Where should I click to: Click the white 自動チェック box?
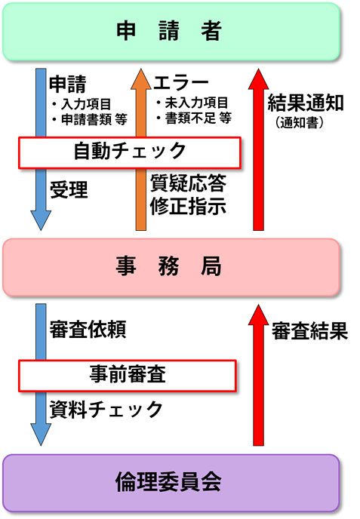(130, 152)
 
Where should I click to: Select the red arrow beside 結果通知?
(257, 151)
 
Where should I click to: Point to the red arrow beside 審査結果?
(257, 377)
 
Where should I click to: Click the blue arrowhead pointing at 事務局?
(39, 217)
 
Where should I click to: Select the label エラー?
(180, 82)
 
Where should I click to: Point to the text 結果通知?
(306, 103)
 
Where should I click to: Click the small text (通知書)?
(300, 121)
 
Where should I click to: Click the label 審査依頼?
(87, 330)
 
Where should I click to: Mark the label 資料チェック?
(105, 410)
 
